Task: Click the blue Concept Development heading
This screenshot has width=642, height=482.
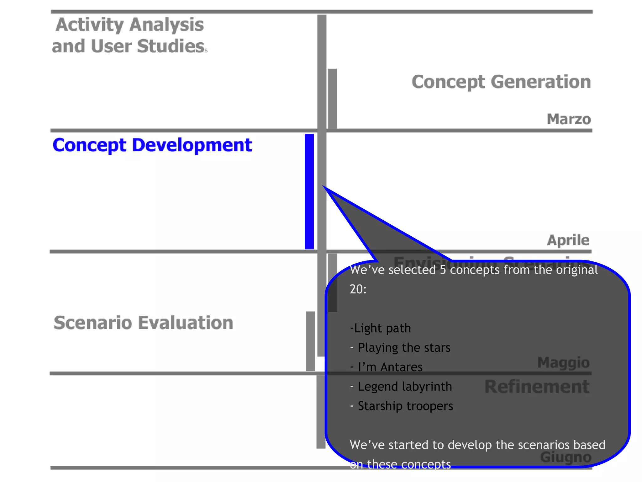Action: click(152, 145)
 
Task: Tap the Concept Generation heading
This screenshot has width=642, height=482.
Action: click(501, 82)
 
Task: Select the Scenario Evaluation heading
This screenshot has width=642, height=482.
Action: click(143, 323)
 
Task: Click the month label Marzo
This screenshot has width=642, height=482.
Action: click(569, 119)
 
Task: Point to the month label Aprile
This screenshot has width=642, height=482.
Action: click(568, 240)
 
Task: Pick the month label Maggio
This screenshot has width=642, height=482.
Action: click(563, 362)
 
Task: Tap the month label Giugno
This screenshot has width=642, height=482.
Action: click(566, 457)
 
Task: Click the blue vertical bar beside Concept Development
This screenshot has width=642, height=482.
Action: click(309, 191)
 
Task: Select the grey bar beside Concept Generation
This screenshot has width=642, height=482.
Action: click(333, 99)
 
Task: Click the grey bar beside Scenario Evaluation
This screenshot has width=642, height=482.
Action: click(310, 341)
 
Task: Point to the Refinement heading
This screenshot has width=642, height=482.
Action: click(537, 387)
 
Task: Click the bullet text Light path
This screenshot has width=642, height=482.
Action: click(381, 328)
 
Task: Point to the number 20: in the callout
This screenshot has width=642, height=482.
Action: click(358, 289)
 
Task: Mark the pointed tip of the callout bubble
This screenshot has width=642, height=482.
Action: click(324, 187)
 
